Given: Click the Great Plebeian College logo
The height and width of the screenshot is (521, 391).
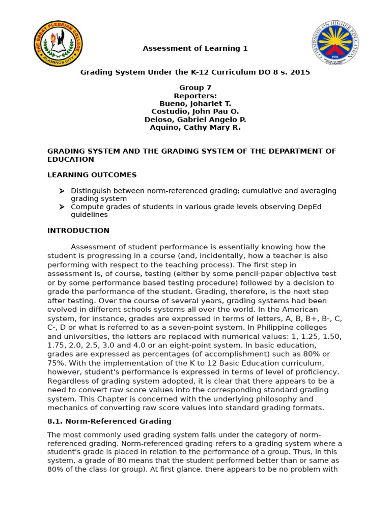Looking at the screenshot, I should pos(58,44).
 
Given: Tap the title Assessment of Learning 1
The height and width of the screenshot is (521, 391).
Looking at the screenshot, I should pos(195,49).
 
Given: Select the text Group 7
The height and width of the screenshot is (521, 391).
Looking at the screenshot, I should pos(195,88).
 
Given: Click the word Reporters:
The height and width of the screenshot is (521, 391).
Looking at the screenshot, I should pos(195,96).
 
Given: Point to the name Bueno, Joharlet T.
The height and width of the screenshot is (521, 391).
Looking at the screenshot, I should pos(195,104).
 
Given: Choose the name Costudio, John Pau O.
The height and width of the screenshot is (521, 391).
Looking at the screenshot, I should pos(195,111).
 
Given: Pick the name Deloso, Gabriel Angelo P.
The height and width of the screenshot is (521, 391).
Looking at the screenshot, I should pos(195,120).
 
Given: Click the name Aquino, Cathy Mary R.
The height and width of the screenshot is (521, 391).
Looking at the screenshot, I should pos(195,127).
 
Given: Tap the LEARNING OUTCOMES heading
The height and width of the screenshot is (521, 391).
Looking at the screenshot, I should pos(92,175).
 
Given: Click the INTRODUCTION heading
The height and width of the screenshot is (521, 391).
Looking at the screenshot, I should pos(78,230).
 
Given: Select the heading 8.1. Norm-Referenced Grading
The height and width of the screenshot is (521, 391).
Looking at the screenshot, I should pos(109,421).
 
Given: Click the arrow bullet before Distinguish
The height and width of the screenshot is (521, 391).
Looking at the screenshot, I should pos(62,191).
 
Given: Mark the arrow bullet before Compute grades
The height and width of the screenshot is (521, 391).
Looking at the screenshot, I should pos(62,207).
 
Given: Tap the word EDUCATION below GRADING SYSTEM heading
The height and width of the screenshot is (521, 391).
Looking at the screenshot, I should pos(71,159).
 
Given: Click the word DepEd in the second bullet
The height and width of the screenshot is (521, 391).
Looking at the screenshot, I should pos(310,207).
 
